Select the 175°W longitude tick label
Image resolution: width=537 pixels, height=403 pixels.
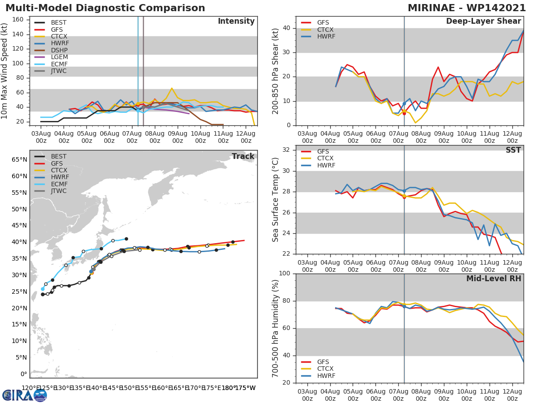tap(245, 388)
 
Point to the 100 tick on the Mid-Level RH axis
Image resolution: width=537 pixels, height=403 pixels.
tap(286, 274)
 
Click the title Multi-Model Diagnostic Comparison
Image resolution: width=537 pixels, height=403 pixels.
tap(105, 8)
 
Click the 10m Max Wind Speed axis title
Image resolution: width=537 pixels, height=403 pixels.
tap(5, 71)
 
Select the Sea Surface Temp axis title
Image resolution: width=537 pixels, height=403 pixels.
tap(276, 200)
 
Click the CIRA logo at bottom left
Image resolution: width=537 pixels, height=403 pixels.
tap(25, 395)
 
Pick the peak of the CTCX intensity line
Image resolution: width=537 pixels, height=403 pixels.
tap(171, 88)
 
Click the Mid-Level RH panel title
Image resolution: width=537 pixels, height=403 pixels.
tap(494, 279)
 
